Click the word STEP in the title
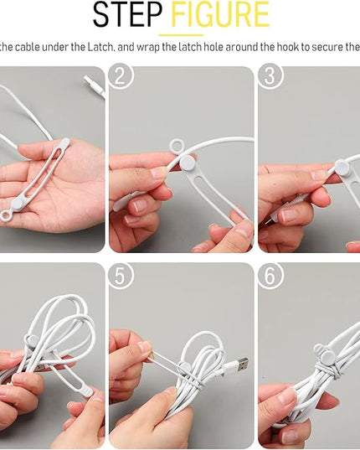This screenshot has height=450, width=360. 127,14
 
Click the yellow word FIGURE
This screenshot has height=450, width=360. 220,14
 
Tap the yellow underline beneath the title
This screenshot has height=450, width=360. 181,35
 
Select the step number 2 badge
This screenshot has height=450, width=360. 121,75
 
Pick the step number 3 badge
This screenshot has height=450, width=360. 270,75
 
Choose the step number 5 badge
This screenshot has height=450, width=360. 121,276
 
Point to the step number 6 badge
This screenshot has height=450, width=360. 270,276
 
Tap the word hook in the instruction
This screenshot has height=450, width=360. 288,47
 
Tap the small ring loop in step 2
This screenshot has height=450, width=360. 177,146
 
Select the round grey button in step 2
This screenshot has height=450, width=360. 188,163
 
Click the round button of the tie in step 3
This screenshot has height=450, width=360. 342,167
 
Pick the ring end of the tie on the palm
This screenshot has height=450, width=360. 6,215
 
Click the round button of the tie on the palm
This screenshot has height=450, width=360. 17,204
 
